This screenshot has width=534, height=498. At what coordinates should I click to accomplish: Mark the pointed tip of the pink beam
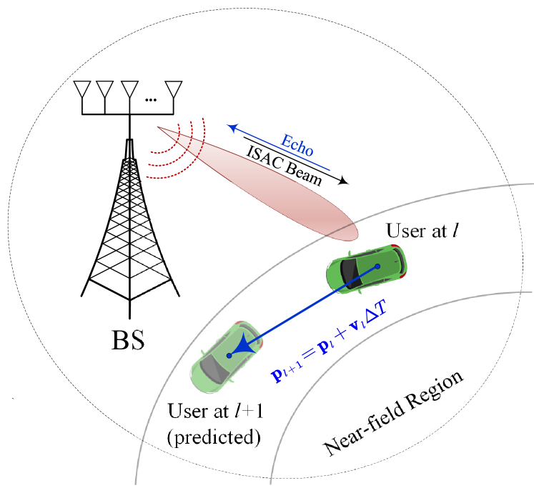(159, 128)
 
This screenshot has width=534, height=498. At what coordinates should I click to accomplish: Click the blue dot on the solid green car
(378, 267)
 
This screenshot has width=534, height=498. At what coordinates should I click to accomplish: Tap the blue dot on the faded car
(229, 355)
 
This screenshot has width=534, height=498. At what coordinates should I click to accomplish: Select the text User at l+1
(213, 412)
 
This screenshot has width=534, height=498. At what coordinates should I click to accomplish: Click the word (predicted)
(213, 436)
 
